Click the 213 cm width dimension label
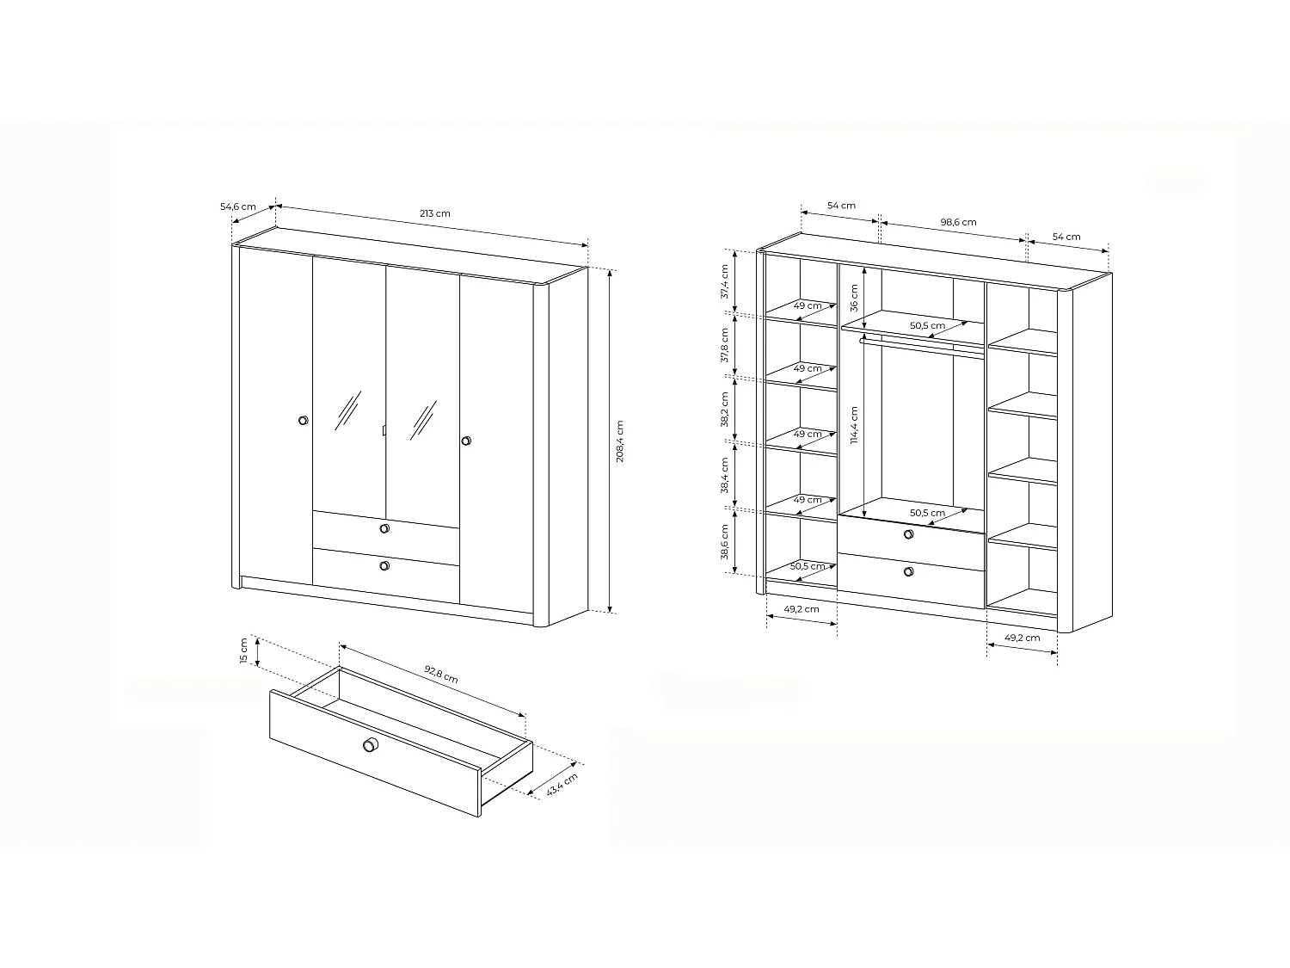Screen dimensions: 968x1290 [x=435, y=213]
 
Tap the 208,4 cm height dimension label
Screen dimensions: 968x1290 [x=619, y=441]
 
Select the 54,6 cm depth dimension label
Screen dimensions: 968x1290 [x=238, y=207]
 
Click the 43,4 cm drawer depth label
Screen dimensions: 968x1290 [x=562, y=785]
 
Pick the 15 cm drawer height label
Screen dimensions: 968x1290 [x=244, y=651]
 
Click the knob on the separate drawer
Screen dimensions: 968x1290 [x=371, y=744]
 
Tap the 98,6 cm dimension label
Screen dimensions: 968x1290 [x=958, y=222]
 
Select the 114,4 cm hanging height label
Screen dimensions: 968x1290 [x=855, y=425]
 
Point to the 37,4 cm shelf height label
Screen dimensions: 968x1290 [x=724, y=281]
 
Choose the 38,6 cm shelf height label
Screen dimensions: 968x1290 [x=724, y=542]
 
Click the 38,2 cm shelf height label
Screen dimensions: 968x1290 [x=724, y=410]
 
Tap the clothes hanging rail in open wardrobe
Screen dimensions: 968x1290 [x=920, y=346]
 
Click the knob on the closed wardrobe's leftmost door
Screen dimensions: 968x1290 [x=303, y=420]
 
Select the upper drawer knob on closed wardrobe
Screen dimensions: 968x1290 [x=384, y=528]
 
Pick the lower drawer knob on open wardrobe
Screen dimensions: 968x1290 [x=909, y=571]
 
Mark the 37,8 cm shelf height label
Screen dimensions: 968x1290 [x=724, y=345]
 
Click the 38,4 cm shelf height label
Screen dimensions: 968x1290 [x=724, y=476]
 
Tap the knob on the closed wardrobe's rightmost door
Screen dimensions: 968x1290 [x=466, y=441]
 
